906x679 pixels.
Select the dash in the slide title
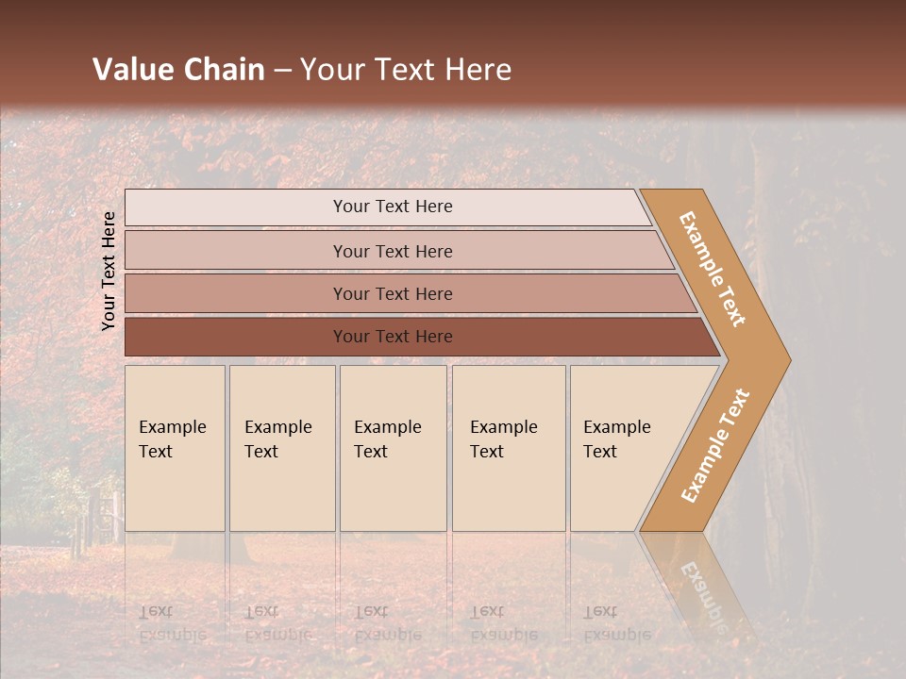pyautogui.click(x=282, y=71)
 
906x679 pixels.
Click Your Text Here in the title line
pyautogui.click(x=406, y=70)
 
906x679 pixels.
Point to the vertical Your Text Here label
pyautogui.click(x=109, y=271)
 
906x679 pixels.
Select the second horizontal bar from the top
pyautogui.click(x=392, y=251)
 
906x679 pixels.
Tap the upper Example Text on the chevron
pyautogui.click(x=713, y=269)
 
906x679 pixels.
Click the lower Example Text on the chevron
pyautogui.click(x=715, y=445)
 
